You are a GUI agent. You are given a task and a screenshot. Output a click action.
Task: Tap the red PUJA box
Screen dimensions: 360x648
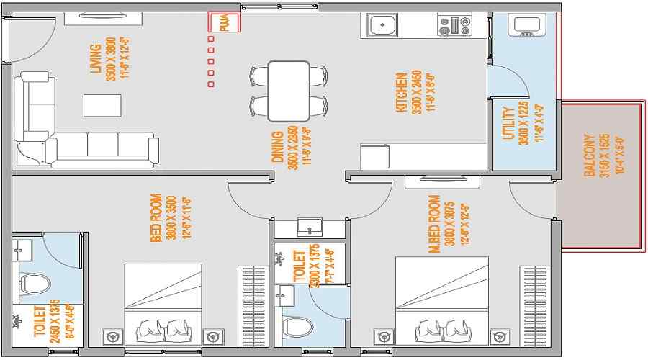click(x=224, y=22)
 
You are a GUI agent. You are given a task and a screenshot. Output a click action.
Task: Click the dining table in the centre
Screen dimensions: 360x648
click(x=288, y=91)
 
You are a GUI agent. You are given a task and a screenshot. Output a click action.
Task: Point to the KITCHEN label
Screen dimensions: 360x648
click(x=402, y=91)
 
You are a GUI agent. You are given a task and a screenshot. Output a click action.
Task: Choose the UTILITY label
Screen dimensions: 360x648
click(x=508, y=124)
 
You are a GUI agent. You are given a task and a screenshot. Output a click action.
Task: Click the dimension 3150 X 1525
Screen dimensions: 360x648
click(x=604, y=156)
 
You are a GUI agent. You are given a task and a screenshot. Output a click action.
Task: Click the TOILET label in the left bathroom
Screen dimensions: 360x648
click(x=40, y=322)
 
